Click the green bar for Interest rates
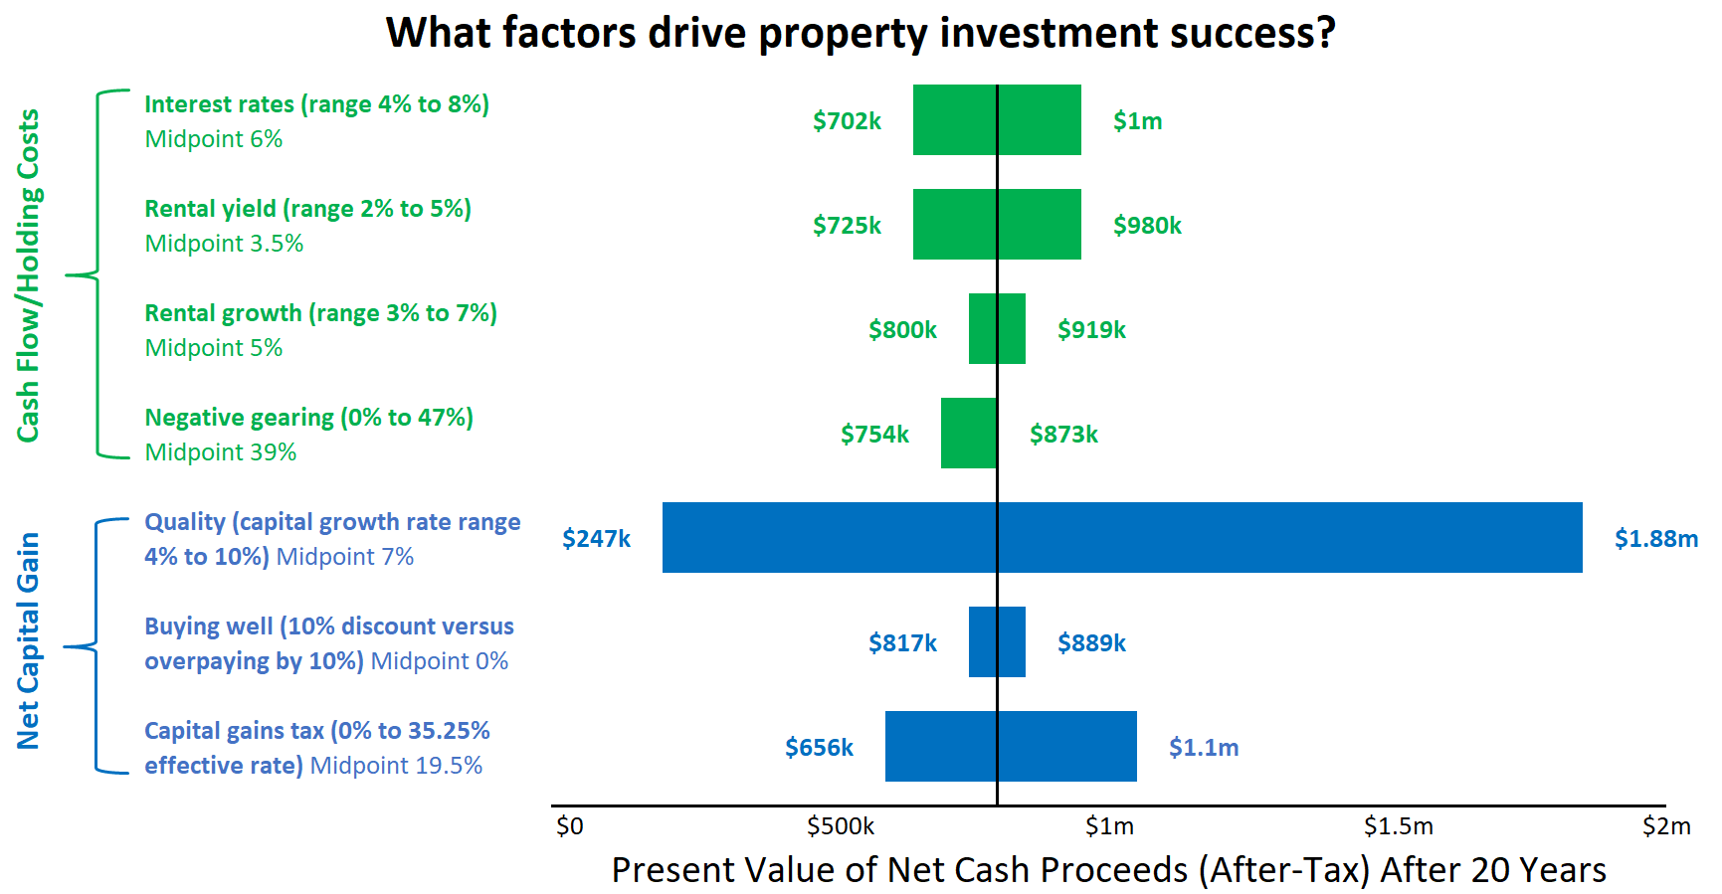point(997,120)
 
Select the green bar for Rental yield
point(997,225)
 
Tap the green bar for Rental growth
point(997,329)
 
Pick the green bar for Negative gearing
point(969,434)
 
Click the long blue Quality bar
point(1122,538)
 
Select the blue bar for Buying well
point(997,642)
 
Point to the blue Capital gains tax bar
point(1011,747)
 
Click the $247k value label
point(596,539)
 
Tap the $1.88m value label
point(1655,539)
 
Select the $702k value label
point(847,121)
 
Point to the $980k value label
point(1147,226)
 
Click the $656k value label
point(819,748)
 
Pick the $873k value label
point(1063,435)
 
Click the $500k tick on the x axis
point(841,826)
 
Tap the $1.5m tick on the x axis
point(1398,826)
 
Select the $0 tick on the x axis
point(569,826)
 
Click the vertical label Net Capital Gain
point(28,641)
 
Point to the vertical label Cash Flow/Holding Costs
point(28,275)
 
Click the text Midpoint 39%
point(221,452)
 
